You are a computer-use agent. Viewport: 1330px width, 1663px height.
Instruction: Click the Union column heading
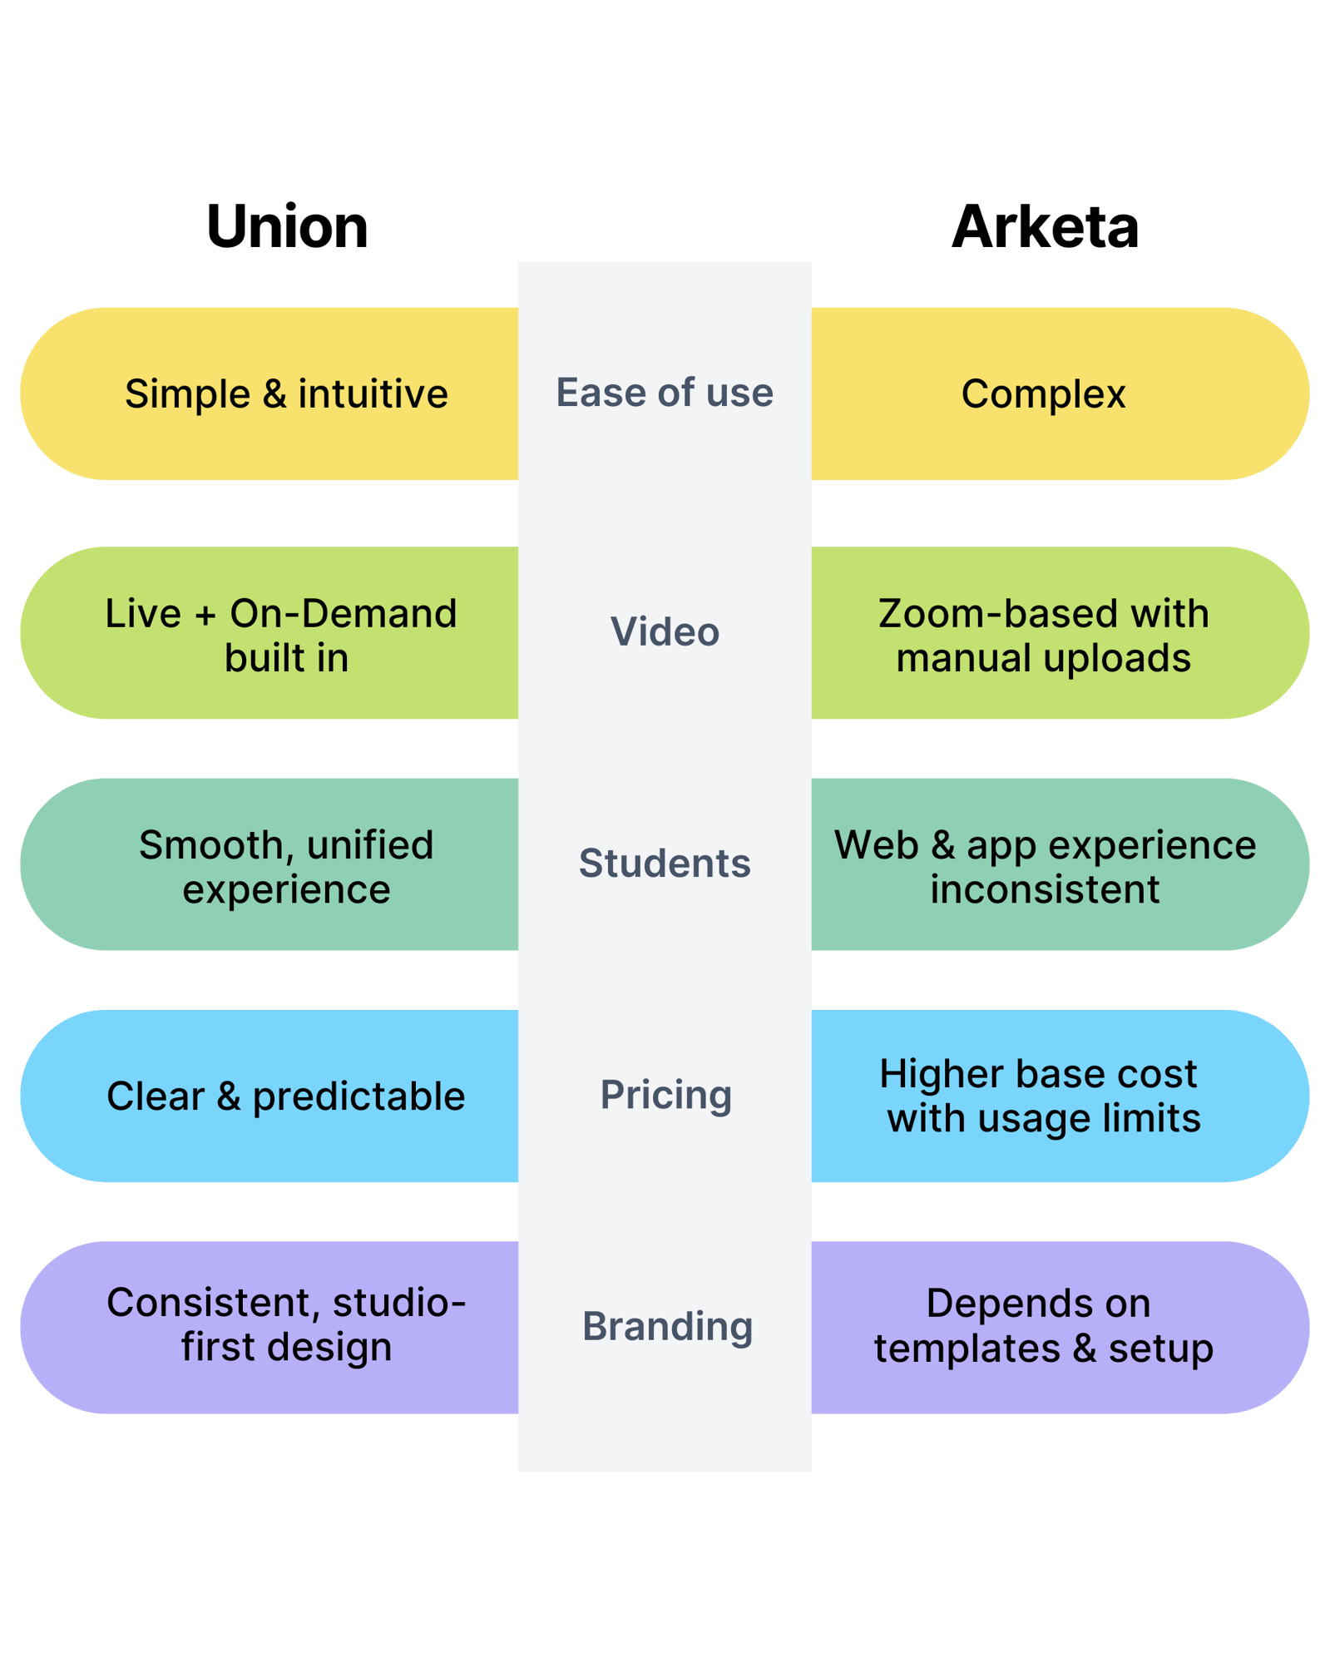click(287, 226)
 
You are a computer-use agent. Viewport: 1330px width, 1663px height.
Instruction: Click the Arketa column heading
click(1045, 226)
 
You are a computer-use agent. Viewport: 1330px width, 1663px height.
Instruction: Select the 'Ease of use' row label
click(665, 393)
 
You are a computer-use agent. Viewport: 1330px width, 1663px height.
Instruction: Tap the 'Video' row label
click(665, 631)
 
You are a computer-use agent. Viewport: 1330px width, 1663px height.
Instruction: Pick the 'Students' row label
click(665, 864)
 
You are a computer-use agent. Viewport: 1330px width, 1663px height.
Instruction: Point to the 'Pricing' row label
click(666, 1095)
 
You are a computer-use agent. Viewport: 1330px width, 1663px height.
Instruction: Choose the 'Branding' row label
click(667, 1326)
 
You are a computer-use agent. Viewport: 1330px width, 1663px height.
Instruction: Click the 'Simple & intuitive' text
click(286, 393)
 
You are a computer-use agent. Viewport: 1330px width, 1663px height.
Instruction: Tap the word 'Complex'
click(1043, 393)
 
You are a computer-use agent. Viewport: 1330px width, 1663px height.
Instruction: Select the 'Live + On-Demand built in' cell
click(282, 636)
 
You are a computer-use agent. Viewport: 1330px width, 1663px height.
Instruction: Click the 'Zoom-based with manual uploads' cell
click(1043, 636)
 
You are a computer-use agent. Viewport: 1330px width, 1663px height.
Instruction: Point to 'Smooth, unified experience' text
click(286, 867)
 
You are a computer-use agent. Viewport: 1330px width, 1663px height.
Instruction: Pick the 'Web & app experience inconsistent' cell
click(1045, 867)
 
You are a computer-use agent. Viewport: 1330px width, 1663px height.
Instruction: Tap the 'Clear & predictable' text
click(285, 1096)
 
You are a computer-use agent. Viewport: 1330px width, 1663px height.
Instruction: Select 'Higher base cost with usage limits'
click(1043, 1096)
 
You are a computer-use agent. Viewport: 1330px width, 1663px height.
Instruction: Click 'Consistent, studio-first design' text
click(286, 1324)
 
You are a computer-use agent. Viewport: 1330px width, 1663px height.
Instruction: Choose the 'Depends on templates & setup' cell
click(1043, 1325)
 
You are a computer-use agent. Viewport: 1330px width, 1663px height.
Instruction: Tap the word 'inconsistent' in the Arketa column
click(1045, 889)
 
